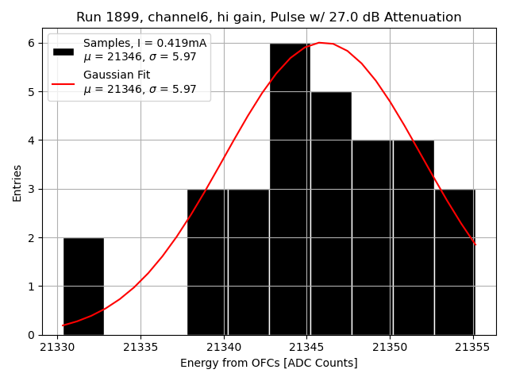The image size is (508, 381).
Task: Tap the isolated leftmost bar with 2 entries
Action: pyautogui.click(x=83, y=286)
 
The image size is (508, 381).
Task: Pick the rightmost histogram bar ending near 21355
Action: pyautogui.click(x=454, y=262)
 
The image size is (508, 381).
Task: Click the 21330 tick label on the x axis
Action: pyautogui.click(x=57, y=348)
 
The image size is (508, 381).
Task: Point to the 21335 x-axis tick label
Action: pyautogui.click(x=140, y=348)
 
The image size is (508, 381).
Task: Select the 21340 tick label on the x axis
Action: pyautogui.click(x=224, y=348)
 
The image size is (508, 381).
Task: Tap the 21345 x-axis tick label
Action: pyautogui.click(x=307, y=348)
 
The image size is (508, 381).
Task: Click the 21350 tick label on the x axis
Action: pyautogui.click(x=391, y=348)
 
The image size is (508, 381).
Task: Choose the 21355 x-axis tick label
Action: pyautogui.click(x=474, y=348)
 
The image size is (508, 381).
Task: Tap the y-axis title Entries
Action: pyautogui.click(x=17, y=182)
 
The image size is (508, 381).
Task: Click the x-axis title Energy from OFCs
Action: pyautogui.click(x=268, y=364)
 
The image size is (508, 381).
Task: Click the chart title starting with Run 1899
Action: pyautogui.click(x=268, y=17)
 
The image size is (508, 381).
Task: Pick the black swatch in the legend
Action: pyautogui.click(x=63, y=51)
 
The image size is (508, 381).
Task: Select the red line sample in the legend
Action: pyautogui.click(x=63, y=83)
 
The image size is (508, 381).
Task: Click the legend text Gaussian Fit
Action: pyautogui.click(x=117, y=75)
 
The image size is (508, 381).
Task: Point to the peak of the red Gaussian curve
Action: pyautogui.click(x=319, y=43)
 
